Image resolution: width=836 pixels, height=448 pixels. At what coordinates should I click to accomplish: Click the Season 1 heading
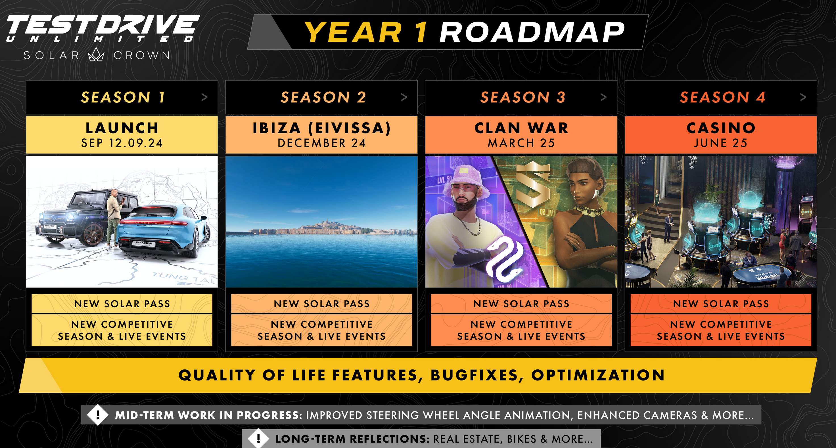pos(123,97)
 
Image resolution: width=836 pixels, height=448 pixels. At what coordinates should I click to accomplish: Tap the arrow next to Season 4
pos(803,97)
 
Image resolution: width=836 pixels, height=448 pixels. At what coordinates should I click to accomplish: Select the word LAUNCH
pos(122,128)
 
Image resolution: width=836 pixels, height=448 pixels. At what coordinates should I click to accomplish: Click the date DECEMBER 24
pos(322,143)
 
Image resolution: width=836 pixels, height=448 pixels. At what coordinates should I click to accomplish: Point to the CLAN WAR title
pos(521,128)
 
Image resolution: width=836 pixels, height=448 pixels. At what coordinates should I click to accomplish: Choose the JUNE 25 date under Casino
pos(721,143)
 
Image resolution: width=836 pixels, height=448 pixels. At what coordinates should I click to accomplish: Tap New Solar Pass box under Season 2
pos(322,304)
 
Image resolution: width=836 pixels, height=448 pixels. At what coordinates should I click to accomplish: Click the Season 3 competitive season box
pos(521,330)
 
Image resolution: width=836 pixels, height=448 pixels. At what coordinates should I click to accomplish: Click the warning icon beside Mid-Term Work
pos(98,415)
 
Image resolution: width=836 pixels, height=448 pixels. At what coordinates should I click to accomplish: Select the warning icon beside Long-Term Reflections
pos(258,439)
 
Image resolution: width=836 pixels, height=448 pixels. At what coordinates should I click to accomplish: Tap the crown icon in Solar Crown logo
pos(96,55)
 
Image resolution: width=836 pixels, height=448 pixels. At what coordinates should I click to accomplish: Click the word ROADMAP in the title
pos(532,32)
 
